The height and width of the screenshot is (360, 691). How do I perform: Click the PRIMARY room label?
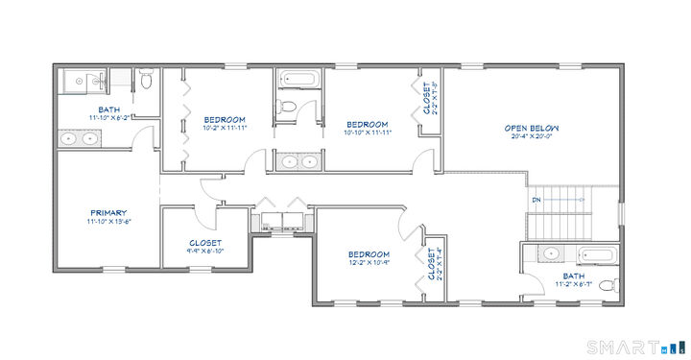108,212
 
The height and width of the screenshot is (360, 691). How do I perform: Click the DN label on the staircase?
536,200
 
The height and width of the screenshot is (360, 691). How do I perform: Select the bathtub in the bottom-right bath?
599,255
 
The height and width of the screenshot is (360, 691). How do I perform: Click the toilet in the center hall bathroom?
286,106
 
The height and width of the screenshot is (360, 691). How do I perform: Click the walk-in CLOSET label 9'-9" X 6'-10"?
205,243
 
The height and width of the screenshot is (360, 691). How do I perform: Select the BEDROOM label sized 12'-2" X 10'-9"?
368,253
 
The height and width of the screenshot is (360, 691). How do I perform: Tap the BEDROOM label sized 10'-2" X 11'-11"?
224,119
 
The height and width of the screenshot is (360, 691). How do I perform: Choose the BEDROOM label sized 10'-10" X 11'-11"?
367,124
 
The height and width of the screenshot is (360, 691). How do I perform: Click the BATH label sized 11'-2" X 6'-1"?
573,276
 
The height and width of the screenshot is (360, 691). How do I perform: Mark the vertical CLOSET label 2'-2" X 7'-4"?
432,266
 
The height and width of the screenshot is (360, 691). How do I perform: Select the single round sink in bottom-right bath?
548,254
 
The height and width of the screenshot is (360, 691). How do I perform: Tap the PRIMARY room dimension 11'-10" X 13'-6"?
108,221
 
